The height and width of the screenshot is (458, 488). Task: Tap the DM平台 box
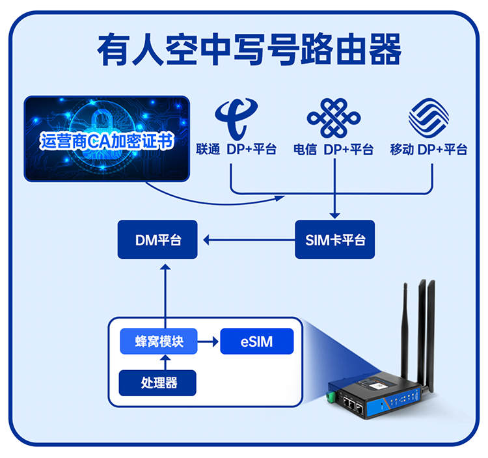[158, 240]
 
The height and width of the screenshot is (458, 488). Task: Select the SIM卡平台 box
[335, 240]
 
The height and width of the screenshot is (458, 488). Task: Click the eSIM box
[256, 342]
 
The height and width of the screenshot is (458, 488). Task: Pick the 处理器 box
[159, 383]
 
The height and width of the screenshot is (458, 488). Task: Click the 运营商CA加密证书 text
[107, 141]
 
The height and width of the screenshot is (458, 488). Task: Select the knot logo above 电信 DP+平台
[333, 118]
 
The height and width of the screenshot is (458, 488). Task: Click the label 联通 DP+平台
[236, 150]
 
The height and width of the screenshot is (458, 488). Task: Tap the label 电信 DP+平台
[333, 150]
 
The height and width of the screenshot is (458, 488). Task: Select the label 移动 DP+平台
[429, 150]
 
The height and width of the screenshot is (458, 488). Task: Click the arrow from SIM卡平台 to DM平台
[247, 240]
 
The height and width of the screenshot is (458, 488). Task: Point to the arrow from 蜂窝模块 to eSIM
[208, 342]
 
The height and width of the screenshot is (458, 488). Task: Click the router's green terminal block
[333, 396]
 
